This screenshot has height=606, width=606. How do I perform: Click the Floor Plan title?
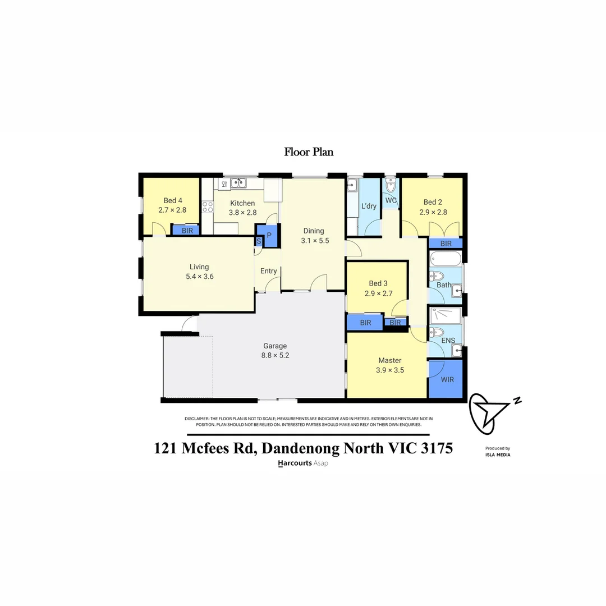pos(309,151)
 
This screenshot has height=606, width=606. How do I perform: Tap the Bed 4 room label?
pos(173,200)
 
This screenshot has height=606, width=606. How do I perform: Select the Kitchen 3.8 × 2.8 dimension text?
pos(242,213)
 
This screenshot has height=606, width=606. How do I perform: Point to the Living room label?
pos(199,267)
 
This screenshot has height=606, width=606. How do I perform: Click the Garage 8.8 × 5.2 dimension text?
pos(275,355)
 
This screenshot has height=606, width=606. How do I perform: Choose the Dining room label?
pos(314,231)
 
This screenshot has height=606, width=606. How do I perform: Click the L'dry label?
pos(369,206)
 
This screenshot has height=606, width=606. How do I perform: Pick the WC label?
pos(391,200)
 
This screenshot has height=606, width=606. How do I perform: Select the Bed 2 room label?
pos(433,202)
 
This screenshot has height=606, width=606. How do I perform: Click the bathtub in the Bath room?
pos(446,259)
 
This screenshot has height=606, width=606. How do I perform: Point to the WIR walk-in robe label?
pos(447,379)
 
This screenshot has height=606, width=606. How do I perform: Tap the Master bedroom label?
pos(389,360)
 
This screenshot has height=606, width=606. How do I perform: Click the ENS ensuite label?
pos(448,340)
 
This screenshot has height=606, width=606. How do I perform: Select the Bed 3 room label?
pos(378,283)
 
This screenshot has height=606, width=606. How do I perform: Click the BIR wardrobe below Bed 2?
pos(446,244)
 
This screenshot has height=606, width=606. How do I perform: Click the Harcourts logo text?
pos(295,463)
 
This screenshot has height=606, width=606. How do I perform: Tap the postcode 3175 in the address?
pos(435,449)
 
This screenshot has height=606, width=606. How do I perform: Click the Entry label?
pos(269,271)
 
